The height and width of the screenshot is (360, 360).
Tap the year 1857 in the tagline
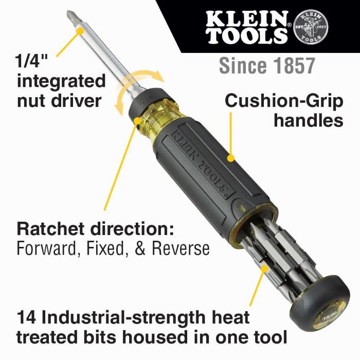292,66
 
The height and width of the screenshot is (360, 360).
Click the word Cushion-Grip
284,101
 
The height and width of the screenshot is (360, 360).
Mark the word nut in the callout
33,100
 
